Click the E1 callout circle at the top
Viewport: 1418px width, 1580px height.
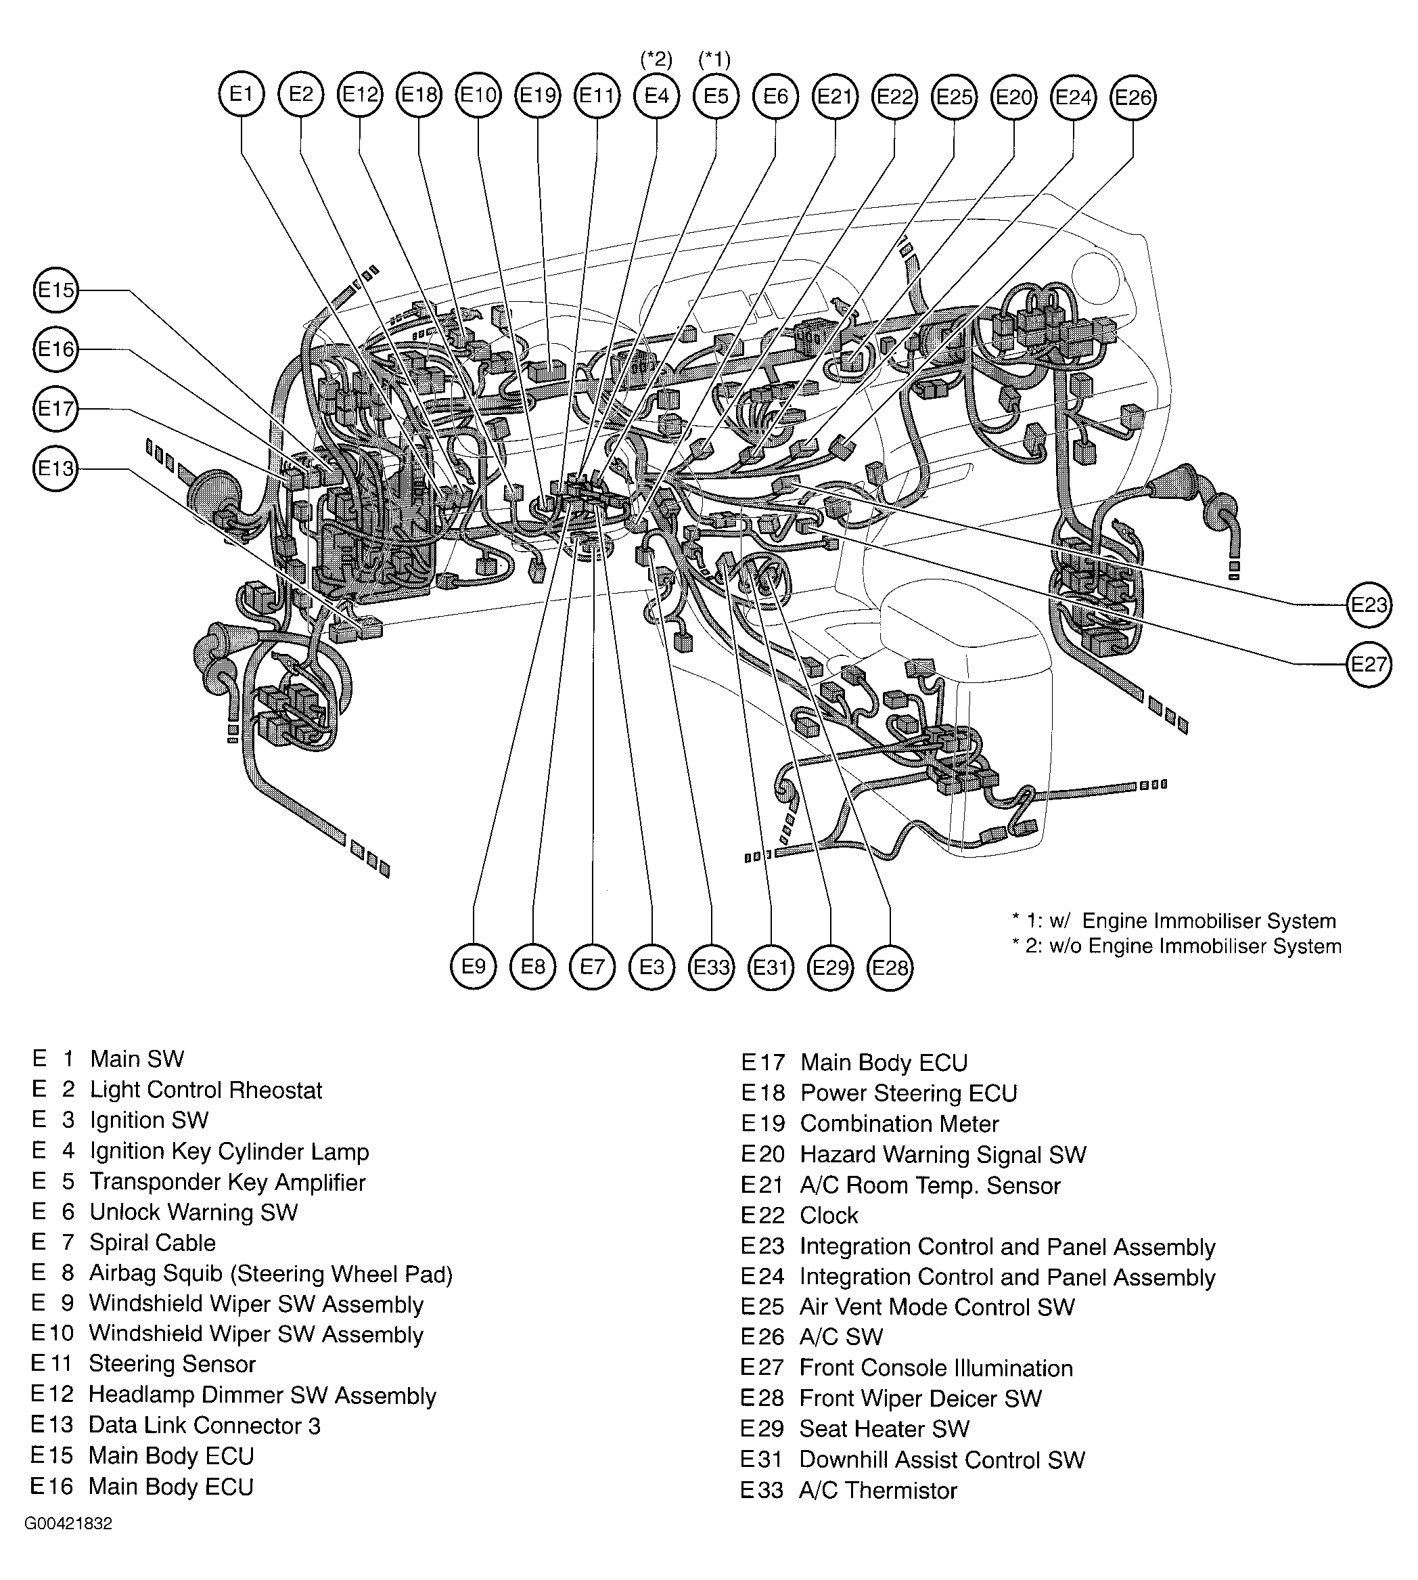click(242, 94)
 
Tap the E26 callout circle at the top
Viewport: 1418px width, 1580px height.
click(1132, 97)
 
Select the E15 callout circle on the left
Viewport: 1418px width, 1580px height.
click(55, 290)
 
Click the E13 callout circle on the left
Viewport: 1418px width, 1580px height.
click(55, 468)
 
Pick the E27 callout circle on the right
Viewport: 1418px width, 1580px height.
click(1369, 664)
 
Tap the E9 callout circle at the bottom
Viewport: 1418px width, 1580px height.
click(473, 967)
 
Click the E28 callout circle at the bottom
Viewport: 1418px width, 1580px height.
click(890, 967)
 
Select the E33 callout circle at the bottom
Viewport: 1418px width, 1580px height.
click(711, 967)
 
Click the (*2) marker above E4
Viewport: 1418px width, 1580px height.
click(656, 60)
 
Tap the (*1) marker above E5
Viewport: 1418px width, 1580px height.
click(714, 60)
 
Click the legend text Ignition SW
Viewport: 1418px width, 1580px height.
click(149, 1120)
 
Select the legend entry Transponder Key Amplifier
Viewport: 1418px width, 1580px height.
click(227, 1182)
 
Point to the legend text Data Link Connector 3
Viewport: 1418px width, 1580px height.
click(204, 1425)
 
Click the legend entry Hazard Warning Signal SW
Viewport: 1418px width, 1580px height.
click(942, 1154)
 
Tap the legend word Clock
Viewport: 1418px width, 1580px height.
click(828, 1215)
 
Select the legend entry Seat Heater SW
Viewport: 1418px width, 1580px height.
click(884, 1429)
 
